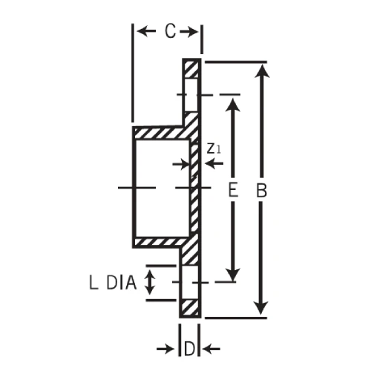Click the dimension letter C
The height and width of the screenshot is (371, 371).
(x=169, y=31)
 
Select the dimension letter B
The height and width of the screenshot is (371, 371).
(x=260, y=191)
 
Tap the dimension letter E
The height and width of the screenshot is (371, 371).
(x=233, y=191)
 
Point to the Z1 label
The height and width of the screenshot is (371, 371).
(x=214, y=148)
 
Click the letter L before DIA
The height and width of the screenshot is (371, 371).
(x=93, y=283)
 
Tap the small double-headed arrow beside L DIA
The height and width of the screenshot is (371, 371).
(x=151, y=282)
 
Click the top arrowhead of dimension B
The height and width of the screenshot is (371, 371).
(x=260, y=72)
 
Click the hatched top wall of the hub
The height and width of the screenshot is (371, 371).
(x=160, y=133)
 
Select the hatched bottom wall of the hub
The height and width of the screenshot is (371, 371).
(x=160, y=241)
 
